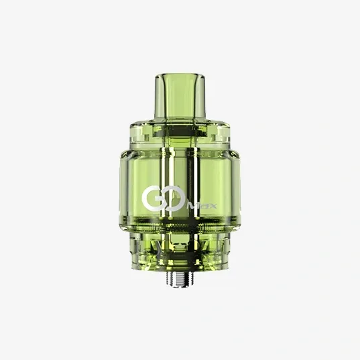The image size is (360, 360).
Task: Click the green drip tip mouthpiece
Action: pyautogui.click(x=180, y=94)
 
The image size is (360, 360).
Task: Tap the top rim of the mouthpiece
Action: pyautogui.click(x=180, y=71)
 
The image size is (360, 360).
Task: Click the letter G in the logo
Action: pyautogui.click(x=152, y=198)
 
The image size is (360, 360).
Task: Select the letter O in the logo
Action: pyautogui.click(x=170, y=198)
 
